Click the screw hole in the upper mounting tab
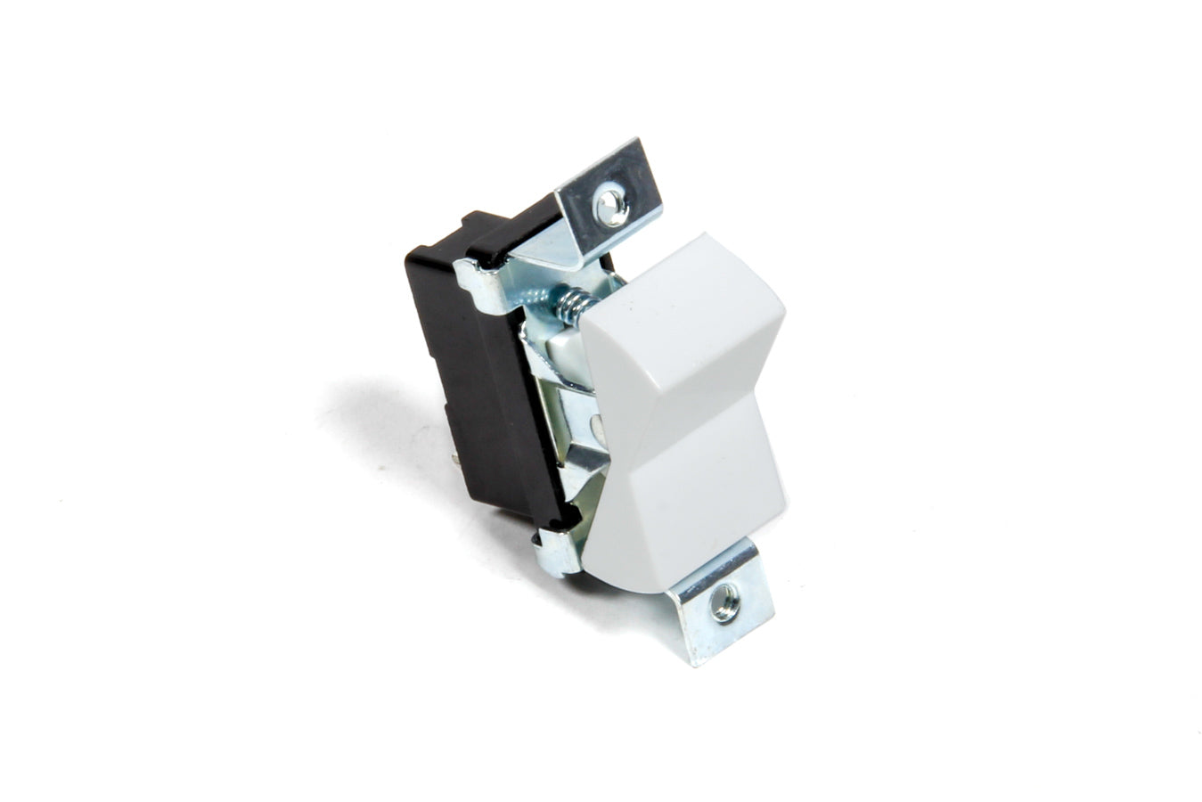click(x=611, y=203)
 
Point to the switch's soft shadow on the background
click(x=392, y=428)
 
